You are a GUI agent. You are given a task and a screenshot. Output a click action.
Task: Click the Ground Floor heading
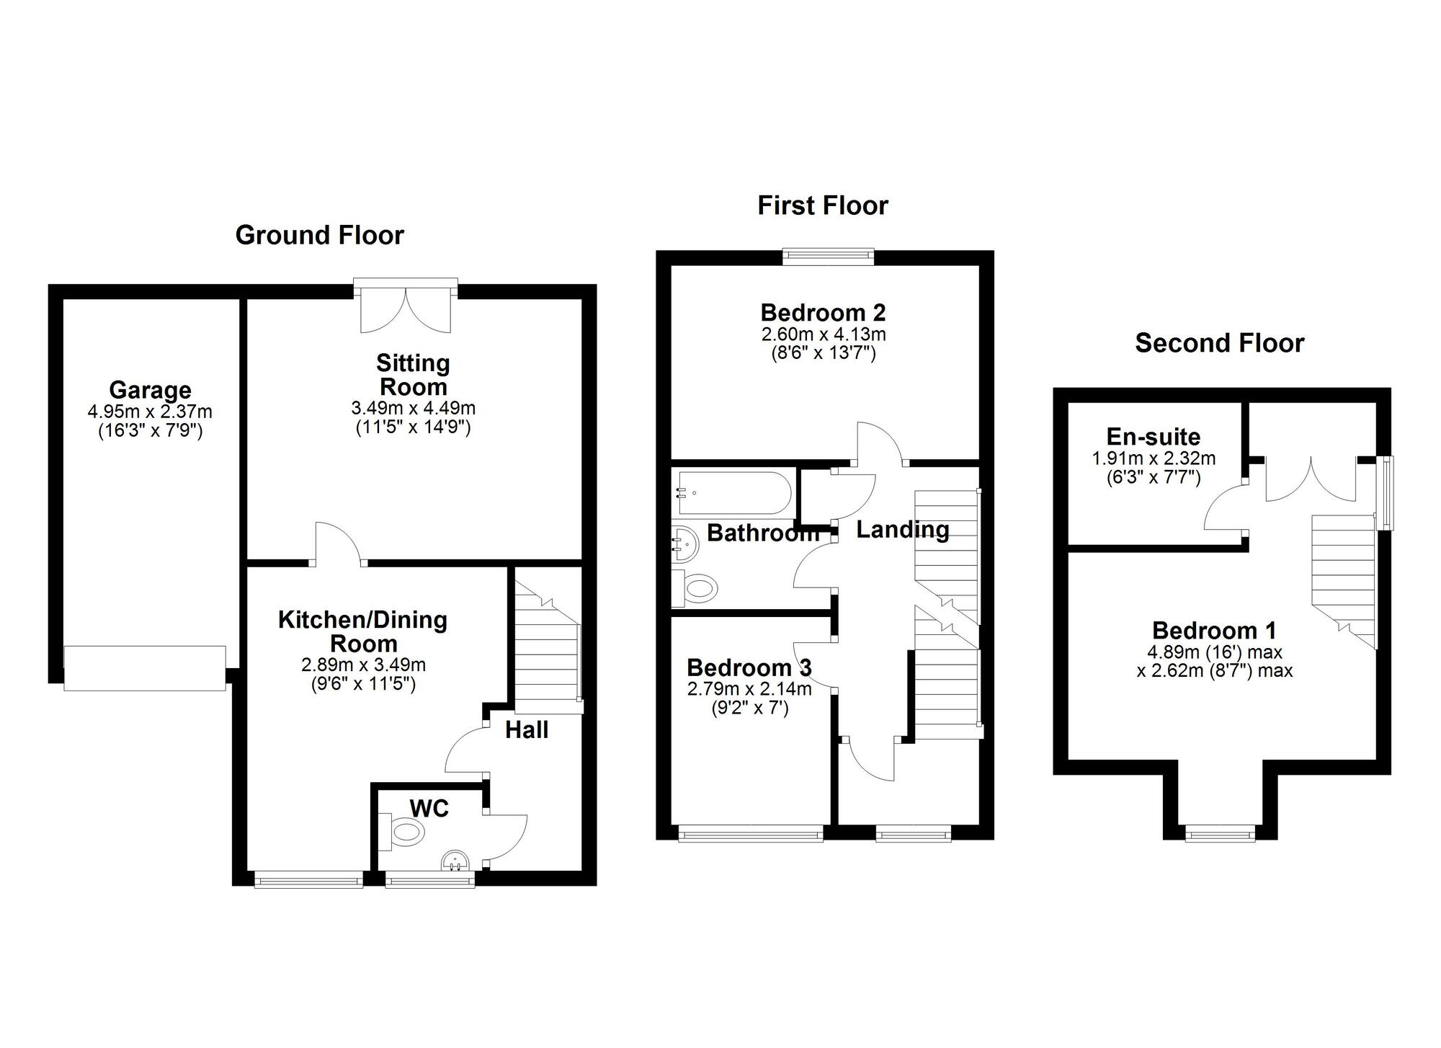pos(319,235)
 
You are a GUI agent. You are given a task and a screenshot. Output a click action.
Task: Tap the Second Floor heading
pos(1219,343)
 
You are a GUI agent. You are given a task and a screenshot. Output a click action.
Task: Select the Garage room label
pos(150,390)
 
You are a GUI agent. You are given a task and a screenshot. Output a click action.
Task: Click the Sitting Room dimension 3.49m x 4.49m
pos(413,408)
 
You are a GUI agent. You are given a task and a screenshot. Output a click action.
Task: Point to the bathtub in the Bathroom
pos(733,493)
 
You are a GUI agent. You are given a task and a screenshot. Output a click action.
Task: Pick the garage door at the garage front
pos(145,668)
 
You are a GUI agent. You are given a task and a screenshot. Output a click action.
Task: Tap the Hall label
pos(527,730)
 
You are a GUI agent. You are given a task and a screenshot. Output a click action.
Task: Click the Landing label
pos(902,530)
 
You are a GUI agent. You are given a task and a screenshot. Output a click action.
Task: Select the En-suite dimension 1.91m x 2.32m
pos(1154,458)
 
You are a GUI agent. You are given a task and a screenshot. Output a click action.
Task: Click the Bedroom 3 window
pos(750,835)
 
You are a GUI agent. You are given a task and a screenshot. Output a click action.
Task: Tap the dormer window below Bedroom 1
pos(1220,835)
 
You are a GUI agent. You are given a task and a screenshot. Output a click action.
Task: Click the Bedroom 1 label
pos(1214,631)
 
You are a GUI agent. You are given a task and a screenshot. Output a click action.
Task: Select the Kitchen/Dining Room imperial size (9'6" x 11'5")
pos(363,683)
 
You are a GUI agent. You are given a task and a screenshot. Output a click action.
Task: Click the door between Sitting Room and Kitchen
pos(339,544)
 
